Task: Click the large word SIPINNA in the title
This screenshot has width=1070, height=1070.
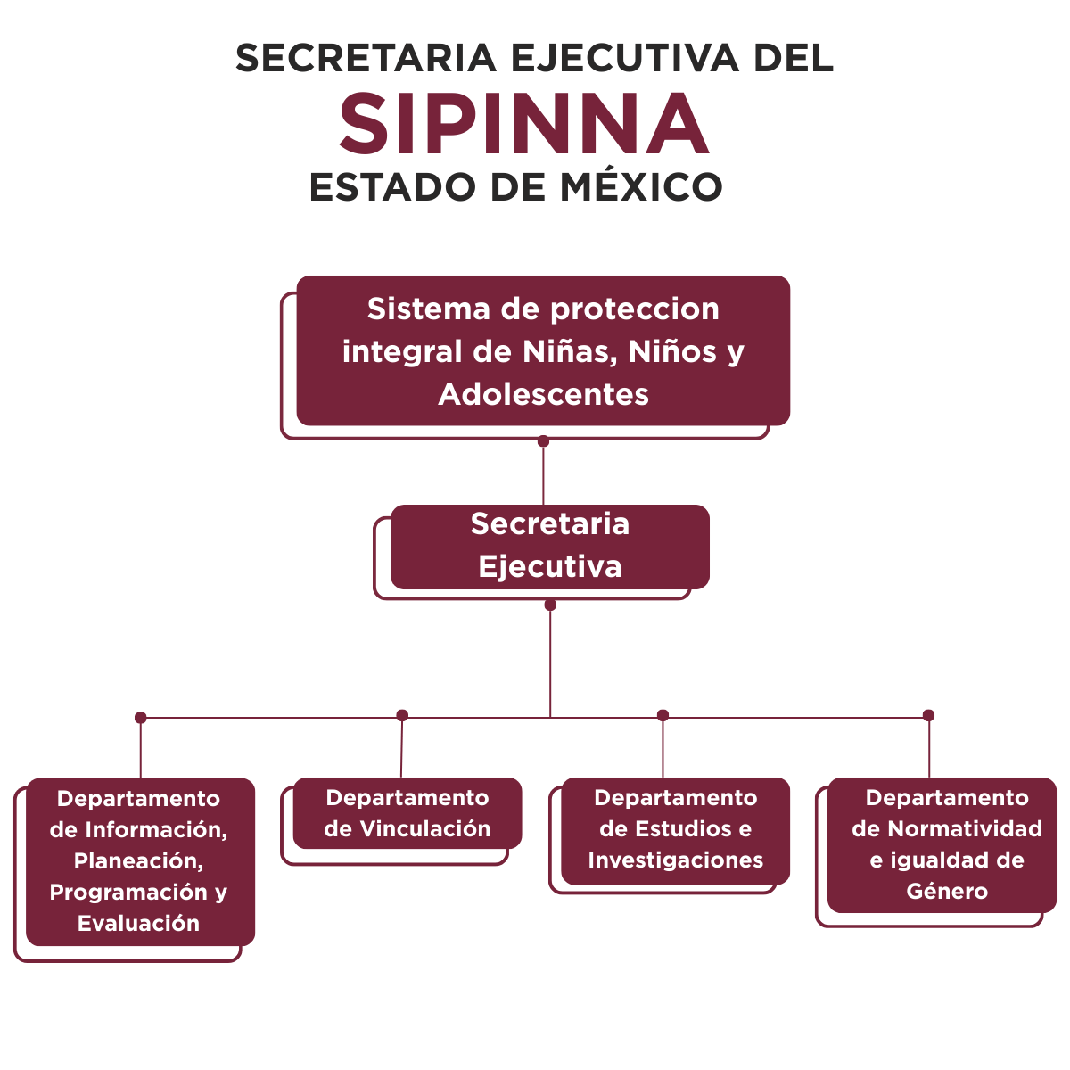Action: pyautogui.click(x=523, y=123)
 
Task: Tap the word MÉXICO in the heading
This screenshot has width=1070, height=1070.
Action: pyautogui.click(x=641, y=187)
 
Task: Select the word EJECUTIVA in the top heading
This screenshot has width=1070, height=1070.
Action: pyautogui.click(x=625, y=58)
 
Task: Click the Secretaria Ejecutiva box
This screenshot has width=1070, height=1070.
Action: pyautogui.click(x=550, y=547)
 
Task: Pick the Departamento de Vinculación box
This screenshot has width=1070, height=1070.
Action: pyautogui.click(x=407, y=813)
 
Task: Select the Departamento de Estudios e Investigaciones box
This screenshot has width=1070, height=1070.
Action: pyautogui.click(x=675, y=831)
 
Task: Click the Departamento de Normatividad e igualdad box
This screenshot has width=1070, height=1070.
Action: pyautogui.click(x=942, y=845)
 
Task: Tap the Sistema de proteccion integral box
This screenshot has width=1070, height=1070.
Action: pyautogui.click(x=543, y=351)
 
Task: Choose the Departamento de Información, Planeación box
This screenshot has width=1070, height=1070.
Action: pyautogui.click(x=141, y=862)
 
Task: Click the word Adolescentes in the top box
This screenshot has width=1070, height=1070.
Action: pyautogui.click(x=543, y=395)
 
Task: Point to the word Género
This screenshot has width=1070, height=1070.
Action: pyautogui.click(x=947, y=892)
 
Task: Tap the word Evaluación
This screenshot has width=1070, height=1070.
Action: pyautogui.click(x=138, y=924)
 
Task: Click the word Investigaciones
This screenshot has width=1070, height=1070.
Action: pyautogui.click(x=675, y=860)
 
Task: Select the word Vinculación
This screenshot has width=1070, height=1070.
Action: pyautogui.click(x=425, y=829)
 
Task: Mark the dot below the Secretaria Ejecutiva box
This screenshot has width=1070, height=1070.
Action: pyautogui.click(x=550, y=605)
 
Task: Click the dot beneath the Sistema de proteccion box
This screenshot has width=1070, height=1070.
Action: pyautogui.click(x=543, y=441)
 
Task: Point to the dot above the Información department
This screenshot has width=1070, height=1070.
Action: pyautogui.click(x=141, y=718)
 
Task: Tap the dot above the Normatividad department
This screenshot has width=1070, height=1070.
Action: pyautogui.click(x=928, y=715)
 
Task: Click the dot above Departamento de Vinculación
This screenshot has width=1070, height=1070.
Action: pyautogui.click(x=402, y=715)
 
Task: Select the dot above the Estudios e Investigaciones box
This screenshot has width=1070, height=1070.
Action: pyautogui.click(x=663, y=715)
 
